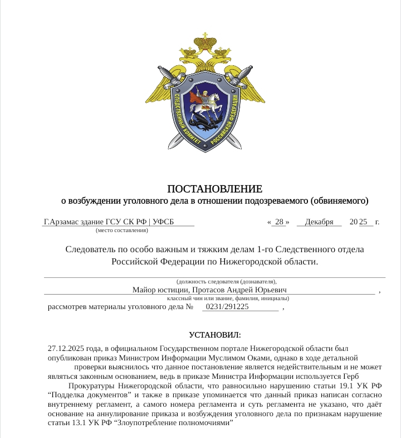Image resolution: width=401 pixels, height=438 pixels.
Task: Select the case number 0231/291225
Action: (x=227, y=306)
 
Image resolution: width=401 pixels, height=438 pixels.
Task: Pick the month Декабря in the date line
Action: (x=319, y=222)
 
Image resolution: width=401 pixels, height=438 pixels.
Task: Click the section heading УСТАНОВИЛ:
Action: (x=215, y=335)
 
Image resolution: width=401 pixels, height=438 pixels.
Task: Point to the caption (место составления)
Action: (x=122, y=229)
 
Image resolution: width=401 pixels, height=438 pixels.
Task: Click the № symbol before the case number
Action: (x=189, y=306)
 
